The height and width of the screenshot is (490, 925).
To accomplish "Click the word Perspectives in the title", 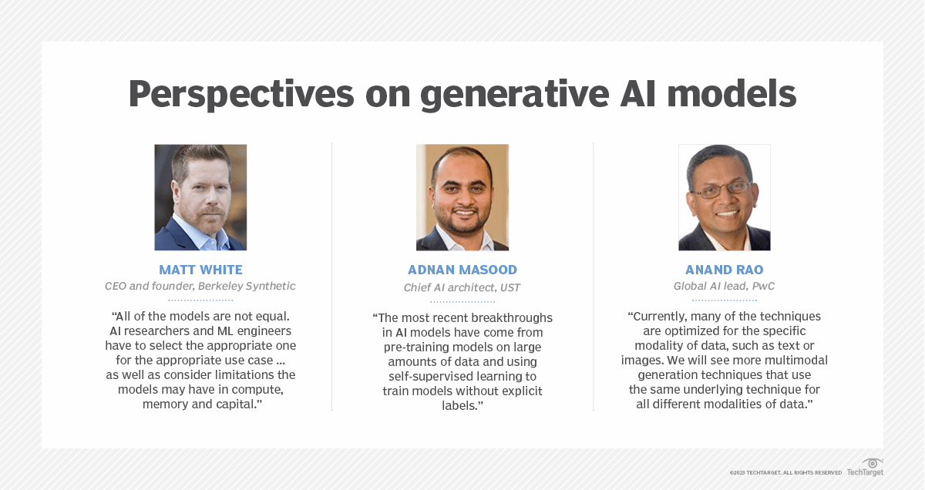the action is click(241, 95).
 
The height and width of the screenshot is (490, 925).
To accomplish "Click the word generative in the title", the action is click(515, 96).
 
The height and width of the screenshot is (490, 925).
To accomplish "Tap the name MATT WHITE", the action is click(200, 270).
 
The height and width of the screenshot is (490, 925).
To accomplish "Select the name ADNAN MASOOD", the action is click(462, 270).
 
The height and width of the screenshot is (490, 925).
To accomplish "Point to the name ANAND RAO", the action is click(725, 270).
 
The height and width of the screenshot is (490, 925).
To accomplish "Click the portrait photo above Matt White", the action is click(200, 197).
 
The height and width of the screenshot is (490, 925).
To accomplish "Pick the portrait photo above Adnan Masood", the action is click(462, 197).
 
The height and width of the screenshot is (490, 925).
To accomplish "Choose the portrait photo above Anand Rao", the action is click(725, 197).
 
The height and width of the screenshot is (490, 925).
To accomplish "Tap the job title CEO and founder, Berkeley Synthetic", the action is click(200, 286).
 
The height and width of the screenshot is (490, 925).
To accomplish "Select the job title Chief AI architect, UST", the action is click(462, 287).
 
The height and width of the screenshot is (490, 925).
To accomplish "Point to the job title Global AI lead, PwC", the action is click(725, 286).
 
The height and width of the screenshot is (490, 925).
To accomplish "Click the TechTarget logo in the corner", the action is click(866, 468).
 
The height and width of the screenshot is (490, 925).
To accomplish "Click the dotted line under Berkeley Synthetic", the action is click(200, 300).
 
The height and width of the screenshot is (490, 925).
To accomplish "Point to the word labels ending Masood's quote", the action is click(459, 406).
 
